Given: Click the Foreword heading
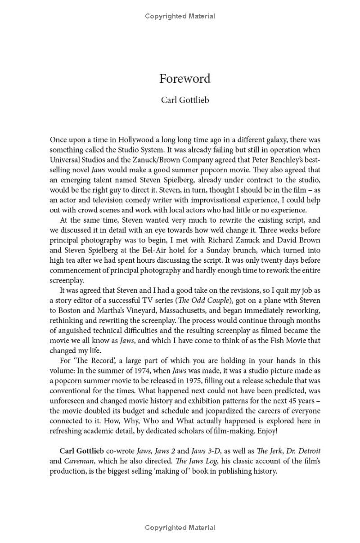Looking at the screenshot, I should pyautogui.click(x=184, y=79).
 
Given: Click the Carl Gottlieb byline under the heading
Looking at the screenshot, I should pyautogui.click(x=184, y=100).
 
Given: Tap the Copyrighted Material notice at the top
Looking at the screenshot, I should pyautogui.click(x=180, y=16).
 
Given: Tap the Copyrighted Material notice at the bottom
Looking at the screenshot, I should pyautogui.click(x=180, y=527).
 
